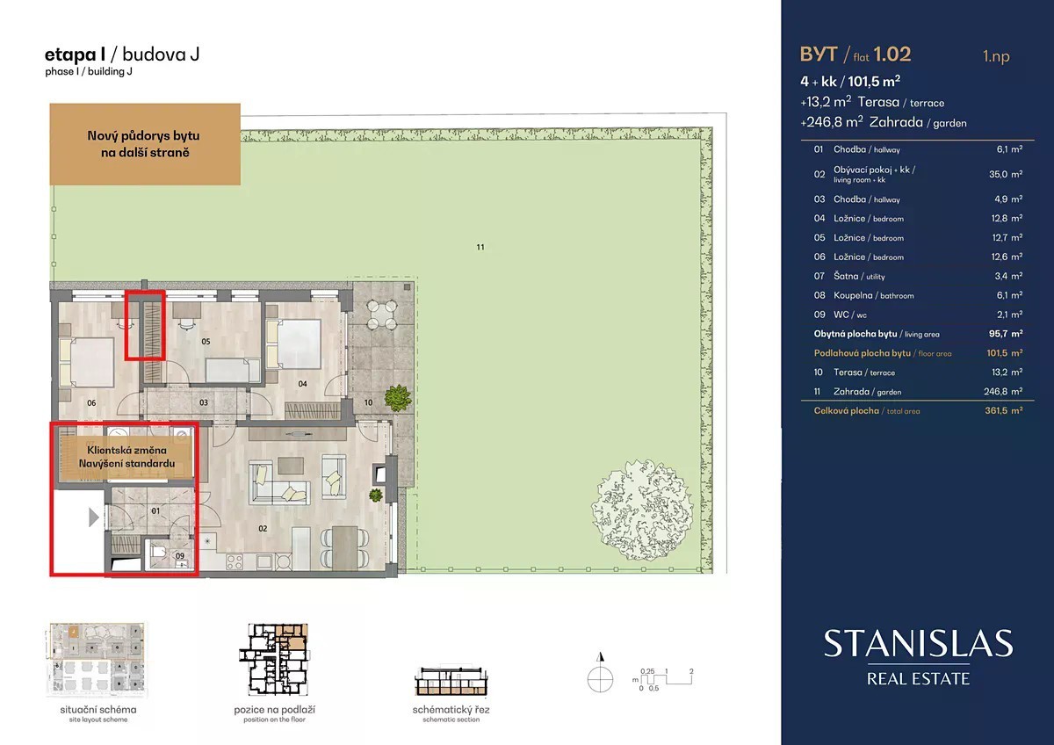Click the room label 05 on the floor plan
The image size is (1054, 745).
coord(206,341)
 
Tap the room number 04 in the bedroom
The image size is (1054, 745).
coord(302,384)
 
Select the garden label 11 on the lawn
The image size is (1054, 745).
coord(480,247)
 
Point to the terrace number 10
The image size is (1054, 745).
coord(368,402)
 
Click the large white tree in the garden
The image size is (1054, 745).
coord(642,510)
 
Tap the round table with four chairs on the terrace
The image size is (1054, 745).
coord(381,315)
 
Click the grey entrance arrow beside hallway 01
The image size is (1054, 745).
coord(94,517)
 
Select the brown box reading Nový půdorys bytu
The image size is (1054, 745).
coord(145,144)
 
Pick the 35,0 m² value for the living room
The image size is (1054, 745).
coord(1006,174)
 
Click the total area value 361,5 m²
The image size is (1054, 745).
coord(1004,410)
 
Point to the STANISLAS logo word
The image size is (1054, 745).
coord(918,643)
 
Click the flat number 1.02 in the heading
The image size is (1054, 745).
coord(892,54)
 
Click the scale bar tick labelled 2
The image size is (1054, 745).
coord(691,671)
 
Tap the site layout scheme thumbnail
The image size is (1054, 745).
coord(97,660)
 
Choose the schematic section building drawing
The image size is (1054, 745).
coord(451,681)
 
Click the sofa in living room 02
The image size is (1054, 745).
coord(278,483)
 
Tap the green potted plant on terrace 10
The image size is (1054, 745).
coord(398,398)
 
